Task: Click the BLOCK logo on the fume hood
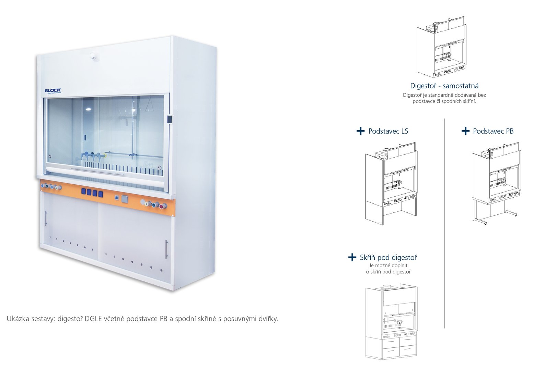53,91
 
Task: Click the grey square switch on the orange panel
125,199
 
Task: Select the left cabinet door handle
46,219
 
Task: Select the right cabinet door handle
166,249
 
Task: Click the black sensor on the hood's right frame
169,119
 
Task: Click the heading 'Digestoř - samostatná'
444,86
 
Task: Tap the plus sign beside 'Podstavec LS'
360,131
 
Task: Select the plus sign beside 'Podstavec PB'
465,131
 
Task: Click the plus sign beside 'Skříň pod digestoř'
352,257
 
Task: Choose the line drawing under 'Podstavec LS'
391,183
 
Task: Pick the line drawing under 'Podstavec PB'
496,183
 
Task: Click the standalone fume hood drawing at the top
441,47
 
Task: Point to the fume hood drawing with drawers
391,321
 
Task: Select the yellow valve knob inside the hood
105,156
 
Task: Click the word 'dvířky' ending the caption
268,319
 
